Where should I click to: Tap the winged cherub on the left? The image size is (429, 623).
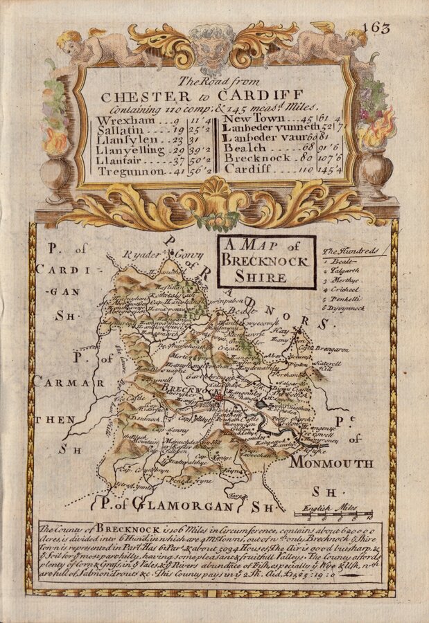(94, 45)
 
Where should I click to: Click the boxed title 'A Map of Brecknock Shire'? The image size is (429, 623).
(266, 261)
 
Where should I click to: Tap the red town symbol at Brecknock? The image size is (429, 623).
(219, 397)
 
